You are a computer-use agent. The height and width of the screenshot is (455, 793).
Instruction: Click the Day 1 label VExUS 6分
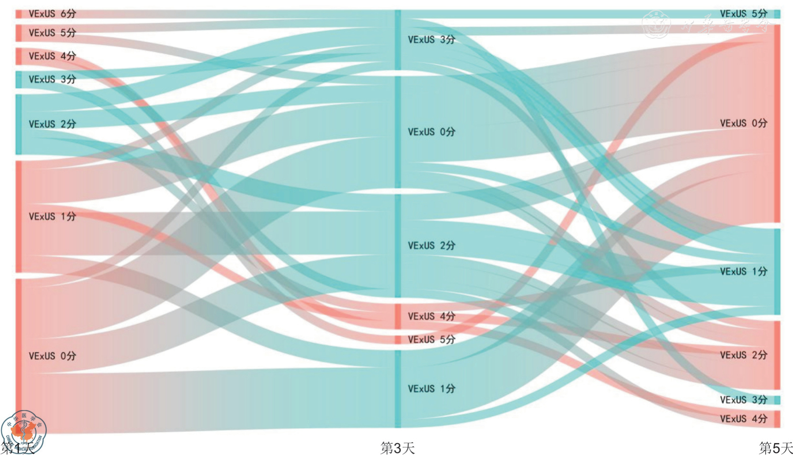point(52,14)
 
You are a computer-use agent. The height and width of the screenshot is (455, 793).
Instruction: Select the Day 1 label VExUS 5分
point(52,33)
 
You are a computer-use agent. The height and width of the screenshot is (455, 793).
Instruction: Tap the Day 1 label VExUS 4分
point(52,56)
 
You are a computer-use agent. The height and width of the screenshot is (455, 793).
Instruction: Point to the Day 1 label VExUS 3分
point(52,79)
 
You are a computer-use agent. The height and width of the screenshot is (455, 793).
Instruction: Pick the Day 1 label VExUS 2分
point(52,124)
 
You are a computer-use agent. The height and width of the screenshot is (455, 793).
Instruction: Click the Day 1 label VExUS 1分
point(52,216)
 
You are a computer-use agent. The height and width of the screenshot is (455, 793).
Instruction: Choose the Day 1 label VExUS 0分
point(52,356)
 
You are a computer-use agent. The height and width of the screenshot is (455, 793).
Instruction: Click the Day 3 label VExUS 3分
point(431,40)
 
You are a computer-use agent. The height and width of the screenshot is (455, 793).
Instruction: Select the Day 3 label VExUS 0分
point(431,132)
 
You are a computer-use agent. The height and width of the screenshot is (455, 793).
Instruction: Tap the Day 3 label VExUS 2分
point(431,246)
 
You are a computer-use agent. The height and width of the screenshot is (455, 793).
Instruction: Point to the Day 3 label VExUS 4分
point(431,316)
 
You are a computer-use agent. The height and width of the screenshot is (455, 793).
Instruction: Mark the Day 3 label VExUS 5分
point(431,339)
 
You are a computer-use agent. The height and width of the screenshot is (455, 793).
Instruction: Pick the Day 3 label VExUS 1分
point(431,389)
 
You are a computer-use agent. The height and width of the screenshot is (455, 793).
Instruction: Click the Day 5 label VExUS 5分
point(743,14)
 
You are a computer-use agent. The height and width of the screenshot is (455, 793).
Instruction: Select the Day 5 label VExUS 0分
point(743,123)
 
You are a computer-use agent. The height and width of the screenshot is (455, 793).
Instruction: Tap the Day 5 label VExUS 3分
point(743,400)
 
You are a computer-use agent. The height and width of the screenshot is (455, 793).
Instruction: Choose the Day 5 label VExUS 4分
point(743,419)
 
